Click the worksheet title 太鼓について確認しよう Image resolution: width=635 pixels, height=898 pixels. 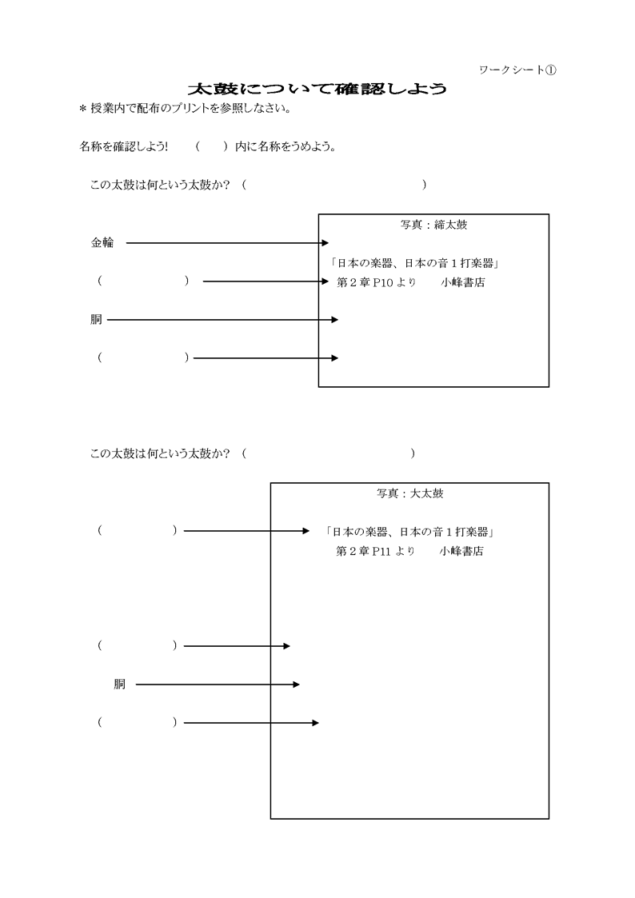tap(317, 89)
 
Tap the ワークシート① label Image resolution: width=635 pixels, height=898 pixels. tap(517, 70)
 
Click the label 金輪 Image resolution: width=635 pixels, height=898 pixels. tap(102, 243)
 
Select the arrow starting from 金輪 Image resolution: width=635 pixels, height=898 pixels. tap(227, 243)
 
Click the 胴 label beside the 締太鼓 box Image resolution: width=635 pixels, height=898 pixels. tap(96, 320)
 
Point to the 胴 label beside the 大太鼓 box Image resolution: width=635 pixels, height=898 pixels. tap(119, 684)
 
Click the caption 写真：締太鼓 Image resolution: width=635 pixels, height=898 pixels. tap(433, 225)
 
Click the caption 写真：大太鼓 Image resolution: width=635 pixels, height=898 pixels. tap(409, 494)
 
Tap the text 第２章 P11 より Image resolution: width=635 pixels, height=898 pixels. tap(376, 552)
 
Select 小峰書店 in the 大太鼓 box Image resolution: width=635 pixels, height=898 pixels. tap(461, 552)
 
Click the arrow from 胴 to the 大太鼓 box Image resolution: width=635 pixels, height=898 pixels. tap(218, 684)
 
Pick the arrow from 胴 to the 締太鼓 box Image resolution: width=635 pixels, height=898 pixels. tap(222, 320)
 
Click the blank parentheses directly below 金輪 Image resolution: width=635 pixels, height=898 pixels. tap(143, 281)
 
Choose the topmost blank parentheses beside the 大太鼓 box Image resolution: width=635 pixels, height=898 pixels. tap(137, 531)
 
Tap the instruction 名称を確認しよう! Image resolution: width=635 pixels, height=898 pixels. tap(124, 147)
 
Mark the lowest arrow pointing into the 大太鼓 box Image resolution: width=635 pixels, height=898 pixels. tap(251, 723)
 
